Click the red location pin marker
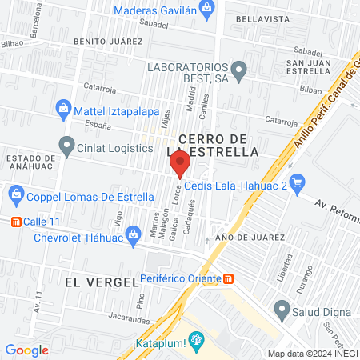pos(180,165)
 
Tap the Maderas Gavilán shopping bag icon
pos(207,10)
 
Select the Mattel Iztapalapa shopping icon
pos(62,108)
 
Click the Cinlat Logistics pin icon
pos(66,145)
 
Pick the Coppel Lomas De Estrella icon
pos(16,194)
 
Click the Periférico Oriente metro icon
pos(229,278)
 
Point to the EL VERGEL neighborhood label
pos(93,282)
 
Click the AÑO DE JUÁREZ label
pos(250,238)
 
